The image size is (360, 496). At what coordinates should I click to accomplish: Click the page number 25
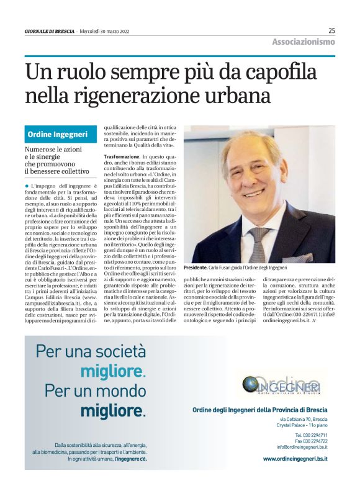tap(331, 30)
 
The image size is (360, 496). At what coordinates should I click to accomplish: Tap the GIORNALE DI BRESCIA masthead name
tap(50, 31)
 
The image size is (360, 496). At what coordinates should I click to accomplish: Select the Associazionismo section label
tap(304, 42)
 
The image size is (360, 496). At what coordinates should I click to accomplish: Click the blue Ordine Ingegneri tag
tap(58, 134)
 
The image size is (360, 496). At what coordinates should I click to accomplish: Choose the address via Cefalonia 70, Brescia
tap(303, 420)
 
